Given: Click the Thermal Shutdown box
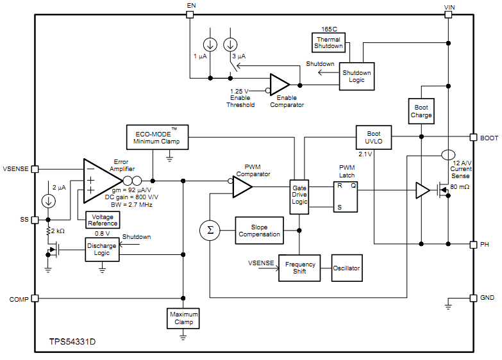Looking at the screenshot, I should (x=328, y=43).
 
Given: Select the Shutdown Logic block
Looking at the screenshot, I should (x=356, y=77).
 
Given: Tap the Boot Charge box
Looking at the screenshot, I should (x=421, y=111).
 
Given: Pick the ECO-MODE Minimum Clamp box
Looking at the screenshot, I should (x=157, y=137).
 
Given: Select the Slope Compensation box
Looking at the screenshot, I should (x=259, y=231).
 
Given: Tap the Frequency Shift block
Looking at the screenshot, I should (x=299, y=268).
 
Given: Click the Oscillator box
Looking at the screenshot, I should (x=346, y=268).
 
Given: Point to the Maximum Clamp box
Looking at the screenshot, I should (x=183, y=318).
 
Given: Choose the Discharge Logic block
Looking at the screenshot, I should (x=102, y=250).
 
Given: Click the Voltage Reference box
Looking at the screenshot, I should (x=103, y=220).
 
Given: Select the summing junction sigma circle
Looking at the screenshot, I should (x=209, y=229).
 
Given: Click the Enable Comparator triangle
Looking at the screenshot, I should (x=279, y=85).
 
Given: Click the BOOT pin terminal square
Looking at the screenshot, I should (x=473, y=137).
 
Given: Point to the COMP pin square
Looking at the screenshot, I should (x=35, y=299).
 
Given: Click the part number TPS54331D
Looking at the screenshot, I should (x=72, y=342).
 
